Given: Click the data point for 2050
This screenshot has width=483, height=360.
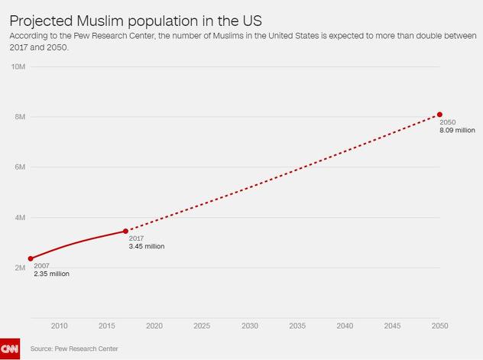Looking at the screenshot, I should coord(439,115).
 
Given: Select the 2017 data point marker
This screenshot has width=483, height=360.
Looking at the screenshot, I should coord(125,231).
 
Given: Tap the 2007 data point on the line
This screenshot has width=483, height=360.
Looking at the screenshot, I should coord(31,258).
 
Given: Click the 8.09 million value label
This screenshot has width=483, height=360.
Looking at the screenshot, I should coord(457,131).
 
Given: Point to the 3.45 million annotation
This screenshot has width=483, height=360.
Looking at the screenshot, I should coord(147,246).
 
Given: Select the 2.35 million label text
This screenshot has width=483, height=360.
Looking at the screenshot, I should coord(51,274).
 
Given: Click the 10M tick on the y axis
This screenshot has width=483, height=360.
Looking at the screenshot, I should coord(19,66).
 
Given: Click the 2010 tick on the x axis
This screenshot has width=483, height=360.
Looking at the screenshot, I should coord(59,326).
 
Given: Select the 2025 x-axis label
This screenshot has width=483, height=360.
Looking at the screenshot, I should coord(202,326).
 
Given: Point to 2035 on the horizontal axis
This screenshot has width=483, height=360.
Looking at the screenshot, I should coord(297,326).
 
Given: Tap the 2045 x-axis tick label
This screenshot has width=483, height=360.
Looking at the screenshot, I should coord(392,326).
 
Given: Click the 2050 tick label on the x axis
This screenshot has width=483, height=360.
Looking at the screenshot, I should coord(439,326).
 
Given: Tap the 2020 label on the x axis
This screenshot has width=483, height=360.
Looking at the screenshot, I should coord(154,326).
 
